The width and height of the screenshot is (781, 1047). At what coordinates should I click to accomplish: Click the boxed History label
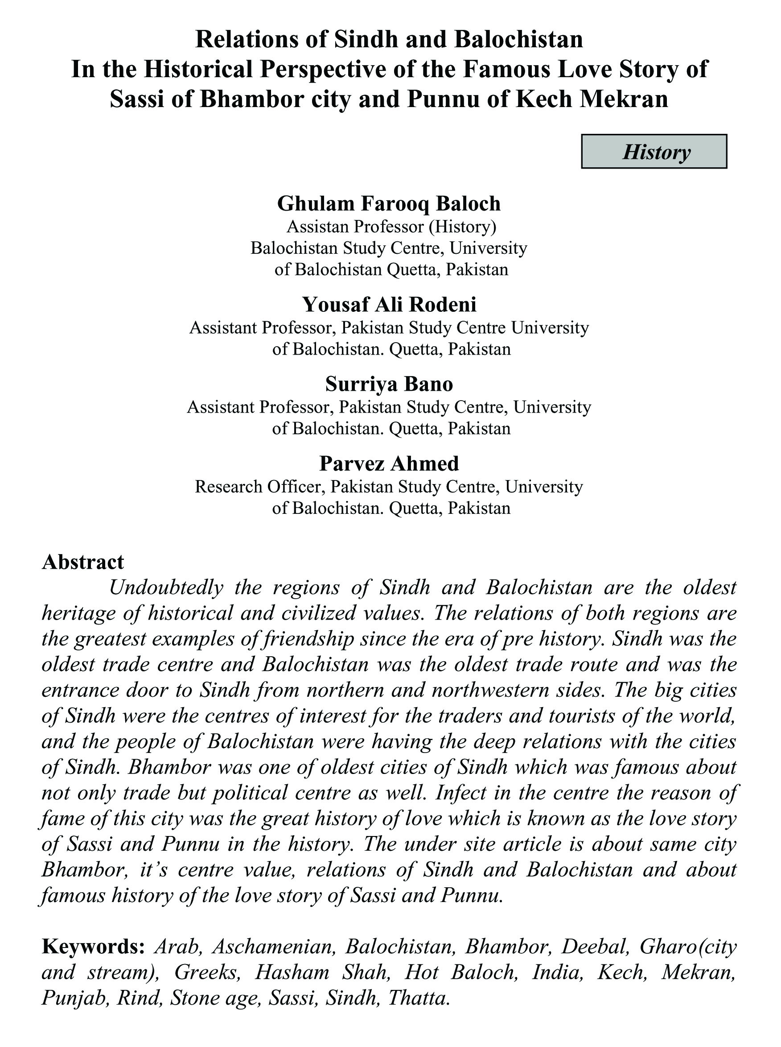click(x=654, y=152)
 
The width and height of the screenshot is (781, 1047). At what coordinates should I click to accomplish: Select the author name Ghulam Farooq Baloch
click(x=389, y=203)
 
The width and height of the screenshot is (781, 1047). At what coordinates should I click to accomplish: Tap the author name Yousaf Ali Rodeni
click(x=389, y=304)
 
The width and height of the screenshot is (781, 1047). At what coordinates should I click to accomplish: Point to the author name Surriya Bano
click(x=389, y=384)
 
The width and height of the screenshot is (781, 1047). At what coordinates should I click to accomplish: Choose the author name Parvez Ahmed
click(x=389, y=463)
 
